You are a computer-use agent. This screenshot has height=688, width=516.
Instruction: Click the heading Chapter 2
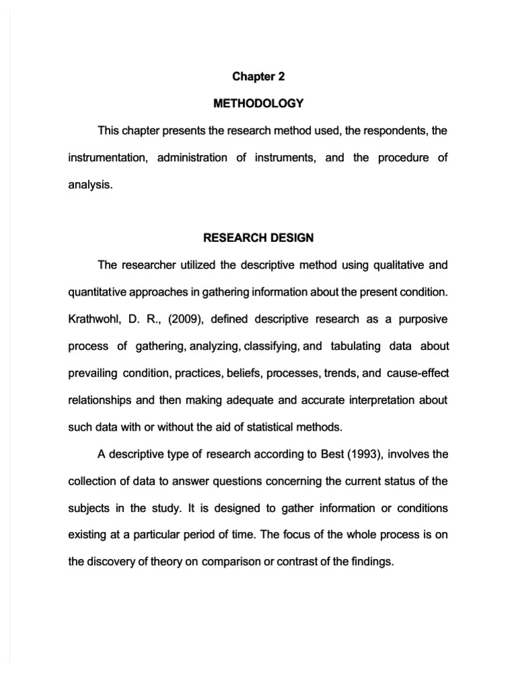coord(258,77)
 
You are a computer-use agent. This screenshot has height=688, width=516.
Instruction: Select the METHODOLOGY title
coord(258,103)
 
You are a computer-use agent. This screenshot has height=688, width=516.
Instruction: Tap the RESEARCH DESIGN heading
coord(258,238)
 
